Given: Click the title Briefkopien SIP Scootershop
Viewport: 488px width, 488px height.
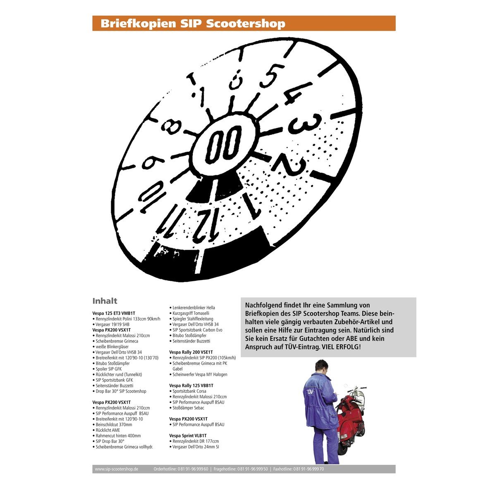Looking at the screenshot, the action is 193,24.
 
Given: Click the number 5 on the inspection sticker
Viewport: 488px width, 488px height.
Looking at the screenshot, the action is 272,76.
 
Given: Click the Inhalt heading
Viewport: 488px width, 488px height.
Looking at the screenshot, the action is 105,301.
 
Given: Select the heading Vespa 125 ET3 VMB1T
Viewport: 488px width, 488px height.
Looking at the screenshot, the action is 114,313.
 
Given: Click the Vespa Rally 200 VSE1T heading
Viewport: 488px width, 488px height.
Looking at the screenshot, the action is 191,352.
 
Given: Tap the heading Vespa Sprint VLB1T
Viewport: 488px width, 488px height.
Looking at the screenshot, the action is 188,435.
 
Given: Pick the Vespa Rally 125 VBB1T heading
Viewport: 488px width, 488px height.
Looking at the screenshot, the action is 191,385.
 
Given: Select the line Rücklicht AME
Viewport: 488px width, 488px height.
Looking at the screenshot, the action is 106,430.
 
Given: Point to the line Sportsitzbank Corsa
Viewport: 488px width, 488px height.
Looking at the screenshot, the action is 188,391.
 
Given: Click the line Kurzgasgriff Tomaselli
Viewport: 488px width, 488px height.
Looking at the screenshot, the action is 189,313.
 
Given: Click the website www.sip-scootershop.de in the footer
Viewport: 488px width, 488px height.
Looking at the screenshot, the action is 116,469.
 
